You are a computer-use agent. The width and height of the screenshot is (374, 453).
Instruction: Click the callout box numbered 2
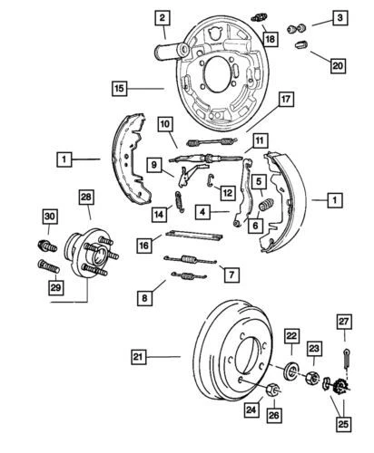(161, 16)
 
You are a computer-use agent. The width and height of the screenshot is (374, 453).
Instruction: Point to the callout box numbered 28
(86, 198)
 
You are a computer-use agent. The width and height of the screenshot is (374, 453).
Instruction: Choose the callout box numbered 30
(50, 215)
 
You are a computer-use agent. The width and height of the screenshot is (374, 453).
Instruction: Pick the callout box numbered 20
(338, 65)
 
